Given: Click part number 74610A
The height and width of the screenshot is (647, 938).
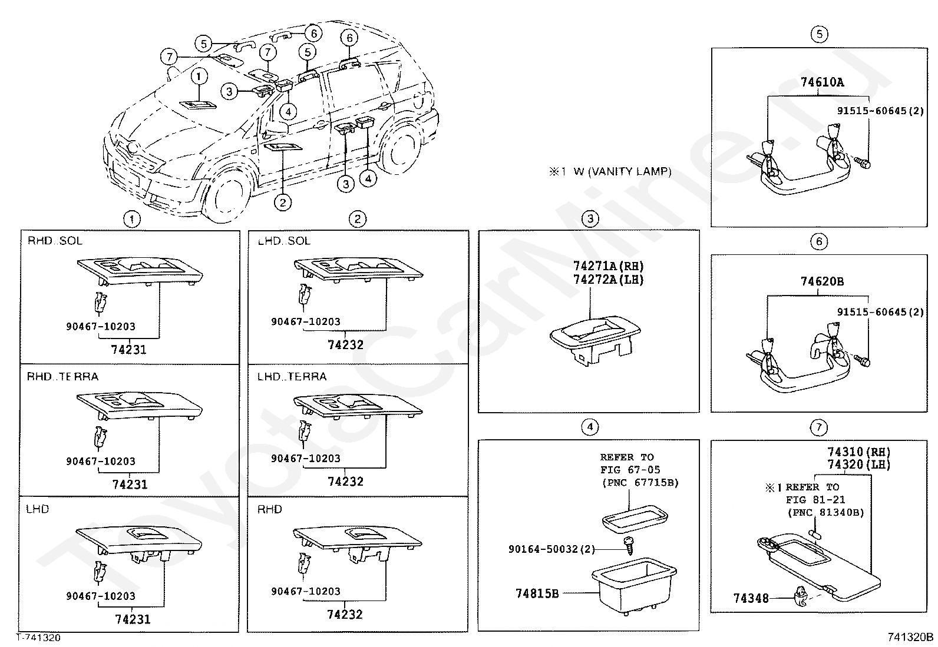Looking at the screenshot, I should click(x=822, y=82).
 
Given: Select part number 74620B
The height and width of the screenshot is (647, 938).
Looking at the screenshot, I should click(x=822, y=281).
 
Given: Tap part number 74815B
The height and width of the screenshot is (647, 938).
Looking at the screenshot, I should click(x=537, y=593).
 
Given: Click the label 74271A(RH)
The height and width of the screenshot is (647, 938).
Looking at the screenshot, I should click(x=608, y=267).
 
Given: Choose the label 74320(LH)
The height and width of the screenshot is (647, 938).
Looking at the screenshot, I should click(x=858, y=464).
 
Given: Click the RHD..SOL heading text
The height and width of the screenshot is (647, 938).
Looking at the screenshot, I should click(x=55, y=241).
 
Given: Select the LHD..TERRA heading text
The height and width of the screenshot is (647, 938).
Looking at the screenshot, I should click(x=292, y=376).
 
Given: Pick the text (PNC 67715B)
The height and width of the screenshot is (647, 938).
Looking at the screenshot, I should click(x=639, y=483).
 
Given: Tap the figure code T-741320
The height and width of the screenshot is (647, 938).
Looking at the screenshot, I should click(x=38, y=638).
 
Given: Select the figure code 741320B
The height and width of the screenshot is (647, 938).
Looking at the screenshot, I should click(x=910, y=638).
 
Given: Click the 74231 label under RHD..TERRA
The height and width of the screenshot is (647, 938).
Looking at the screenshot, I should click(x=130, y=485).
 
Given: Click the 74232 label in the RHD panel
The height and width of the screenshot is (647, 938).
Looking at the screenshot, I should click(x=345, y=614).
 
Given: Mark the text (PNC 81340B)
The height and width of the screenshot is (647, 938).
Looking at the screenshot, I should click(x=825, y=513).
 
